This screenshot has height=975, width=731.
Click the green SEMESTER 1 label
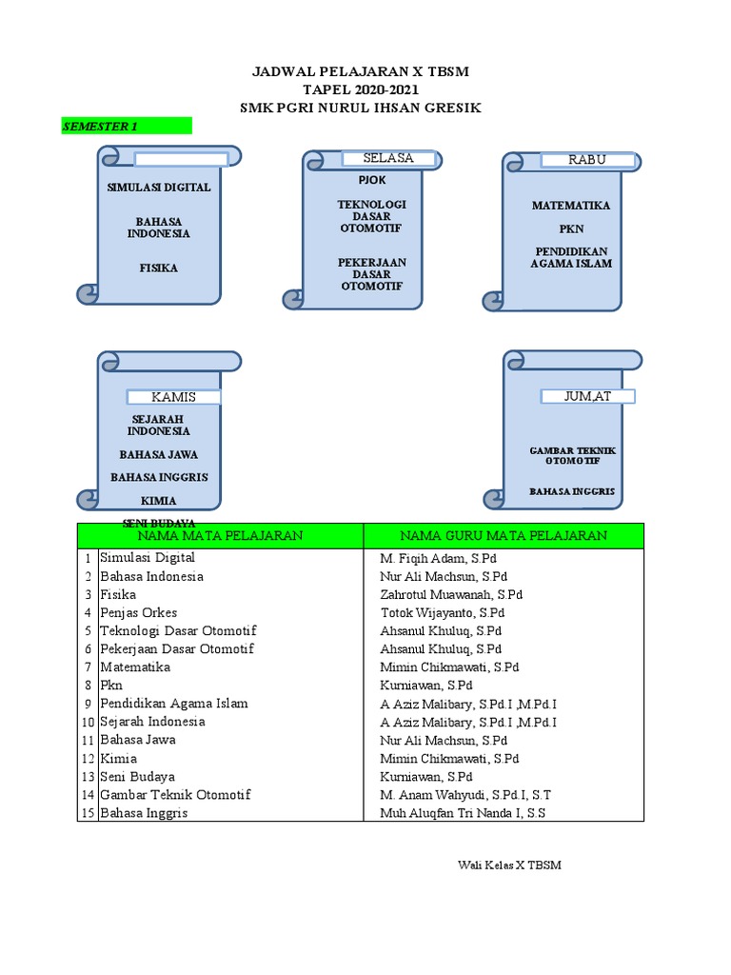126,126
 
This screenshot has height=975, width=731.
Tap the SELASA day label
388,158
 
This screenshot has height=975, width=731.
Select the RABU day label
587,160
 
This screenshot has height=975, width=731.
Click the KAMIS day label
174,397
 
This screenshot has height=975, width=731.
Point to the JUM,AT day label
588,396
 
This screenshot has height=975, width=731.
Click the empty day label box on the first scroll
181,159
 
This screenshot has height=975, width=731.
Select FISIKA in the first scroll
160,269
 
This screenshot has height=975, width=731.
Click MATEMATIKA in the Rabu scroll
571,206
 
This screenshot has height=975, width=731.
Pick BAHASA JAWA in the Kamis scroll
159,455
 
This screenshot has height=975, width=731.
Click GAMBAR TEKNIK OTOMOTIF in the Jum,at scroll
572,455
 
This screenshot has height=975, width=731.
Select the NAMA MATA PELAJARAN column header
221,536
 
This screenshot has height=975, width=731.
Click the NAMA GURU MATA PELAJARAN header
503,536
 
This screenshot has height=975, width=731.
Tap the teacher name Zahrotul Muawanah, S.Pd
451,594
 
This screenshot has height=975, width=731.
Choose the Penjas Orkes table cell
139,612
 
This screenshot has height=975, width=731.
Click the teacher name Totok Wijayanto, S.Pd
443,612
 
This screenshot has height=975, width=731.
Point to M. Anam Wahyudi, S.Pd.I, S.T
465,794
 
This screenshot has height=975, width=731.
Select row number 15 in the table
88,813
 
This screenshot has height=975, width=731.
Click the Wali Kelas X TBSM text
509,865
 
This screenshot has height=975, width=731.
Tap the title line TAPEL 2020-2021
360,90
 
